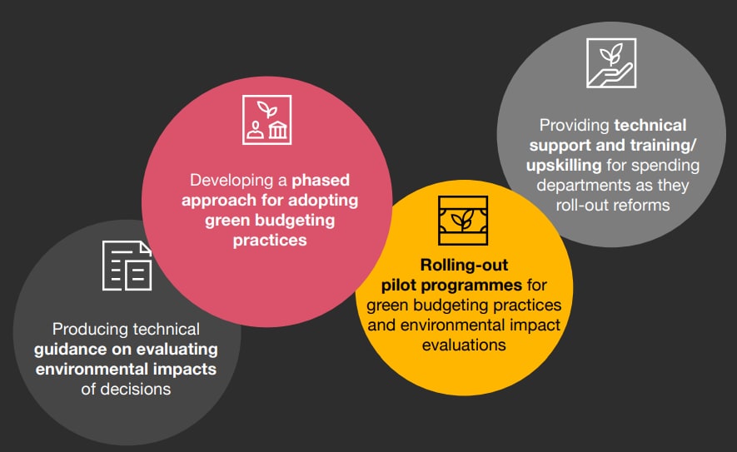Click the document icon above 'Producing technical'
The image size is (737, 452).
(127, 266)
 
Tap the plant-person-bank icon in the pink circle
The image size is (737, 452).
(267, 120)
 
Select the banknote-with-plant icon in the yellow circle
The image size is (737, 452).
(463, 221)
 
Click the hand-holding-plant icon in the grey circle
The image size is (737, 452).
(611, 63)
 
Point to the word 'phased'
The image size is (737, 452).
(321, 180)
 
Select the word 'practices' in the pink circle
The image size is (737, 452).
(270, 240)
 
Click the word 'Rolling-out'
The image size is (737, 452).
(464, 265)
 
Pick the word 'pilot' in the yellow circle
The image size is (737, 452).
(398, 285)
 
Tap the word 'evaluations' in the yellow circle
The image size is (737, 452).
(464, 345)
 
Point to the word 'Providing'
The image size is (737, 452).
(575, 126)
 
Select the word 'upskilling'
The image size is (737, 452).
(564, 166)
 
